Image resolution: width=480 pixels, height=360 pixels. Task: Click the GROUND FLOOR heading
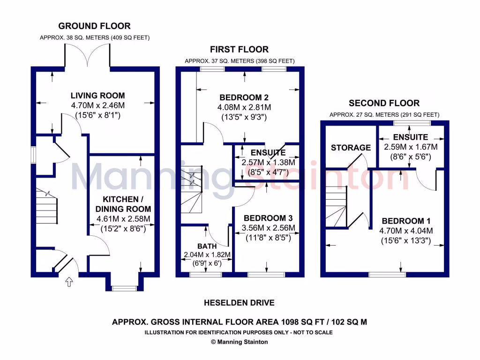tap(94, 26)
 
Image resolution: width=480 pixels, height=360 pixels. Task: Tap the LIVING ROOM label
tap(97, 96)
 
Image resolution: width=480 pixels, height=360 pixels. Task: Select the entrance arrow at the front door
tap(69, 282)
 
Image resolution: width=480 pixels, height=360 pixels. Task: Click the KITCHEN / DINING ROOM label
tap(123, 204)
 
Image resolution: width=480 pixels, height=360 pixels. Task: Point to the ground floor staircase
tap(46, 206)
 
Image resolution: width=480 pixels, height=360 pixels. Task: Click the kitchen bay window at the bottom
tap(124, 288)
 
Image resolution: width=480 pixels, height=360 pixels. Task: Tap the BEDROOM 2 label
tap(244, 97)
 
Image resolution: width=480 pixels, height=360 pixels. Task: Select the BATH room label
tap(207, 246)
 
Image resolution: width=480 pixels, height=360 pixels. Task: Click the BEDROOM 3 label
tap(268, 218)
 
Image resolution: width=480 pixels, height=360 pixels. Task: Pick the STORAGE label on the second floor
tap(351, 148)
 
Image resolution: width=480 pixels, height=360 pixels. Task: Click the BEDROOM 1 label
tap(406, 221)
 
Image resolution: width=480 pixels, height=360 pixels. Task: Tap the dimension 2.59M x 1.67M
tap(411, 147)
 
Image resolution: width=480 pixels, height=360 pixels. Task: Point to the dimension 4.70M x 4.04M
tap(406, 231)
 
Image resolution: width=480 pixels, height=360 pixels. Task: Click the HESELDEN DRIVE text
tap(239, 303)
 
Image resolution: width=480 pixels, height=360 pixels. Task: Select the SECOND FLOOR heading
tap(384, 103)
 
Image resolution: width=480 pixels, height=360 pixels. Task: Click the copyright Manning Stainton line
tap(240, 342)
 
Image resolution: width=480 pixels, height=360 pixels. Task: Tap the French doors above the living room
tap(88, 55)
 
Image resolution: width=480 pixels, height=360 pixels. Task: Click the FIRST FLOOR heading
tap(239, 49)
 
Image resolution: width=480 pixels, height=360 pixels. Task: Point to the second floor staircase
tap(337, 207)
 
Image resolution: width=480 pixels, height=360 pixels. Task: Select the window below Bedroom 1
tap(387, 275)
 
